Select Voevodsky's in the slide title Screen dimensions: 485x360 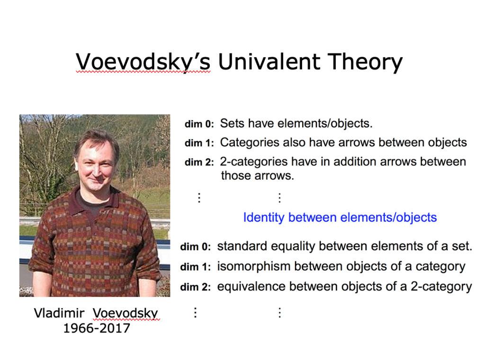[143, 63]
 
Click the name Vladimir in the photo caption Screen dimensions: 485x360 [59, 313]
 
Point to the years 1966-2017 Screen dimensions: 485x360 [97, 328]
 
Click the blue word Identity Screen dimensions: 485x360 [263, 217]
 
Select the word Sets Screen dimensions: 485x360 [232, 124]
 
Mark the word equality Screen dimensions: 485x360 [293, 247]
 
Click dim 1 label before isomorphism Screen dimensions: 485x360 [195, 267]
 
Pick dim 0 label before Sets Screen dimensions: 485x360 [199, 124]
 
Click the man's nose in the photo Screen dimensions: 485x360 [97, 171]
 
